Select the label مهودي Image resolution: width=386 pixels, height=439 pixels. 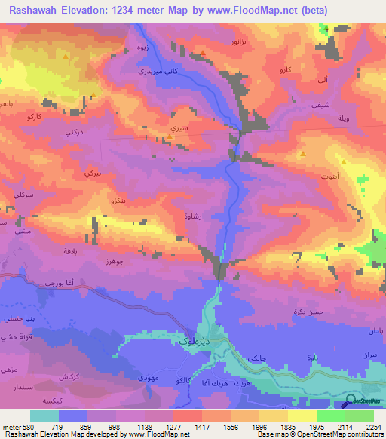point(147,375)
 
